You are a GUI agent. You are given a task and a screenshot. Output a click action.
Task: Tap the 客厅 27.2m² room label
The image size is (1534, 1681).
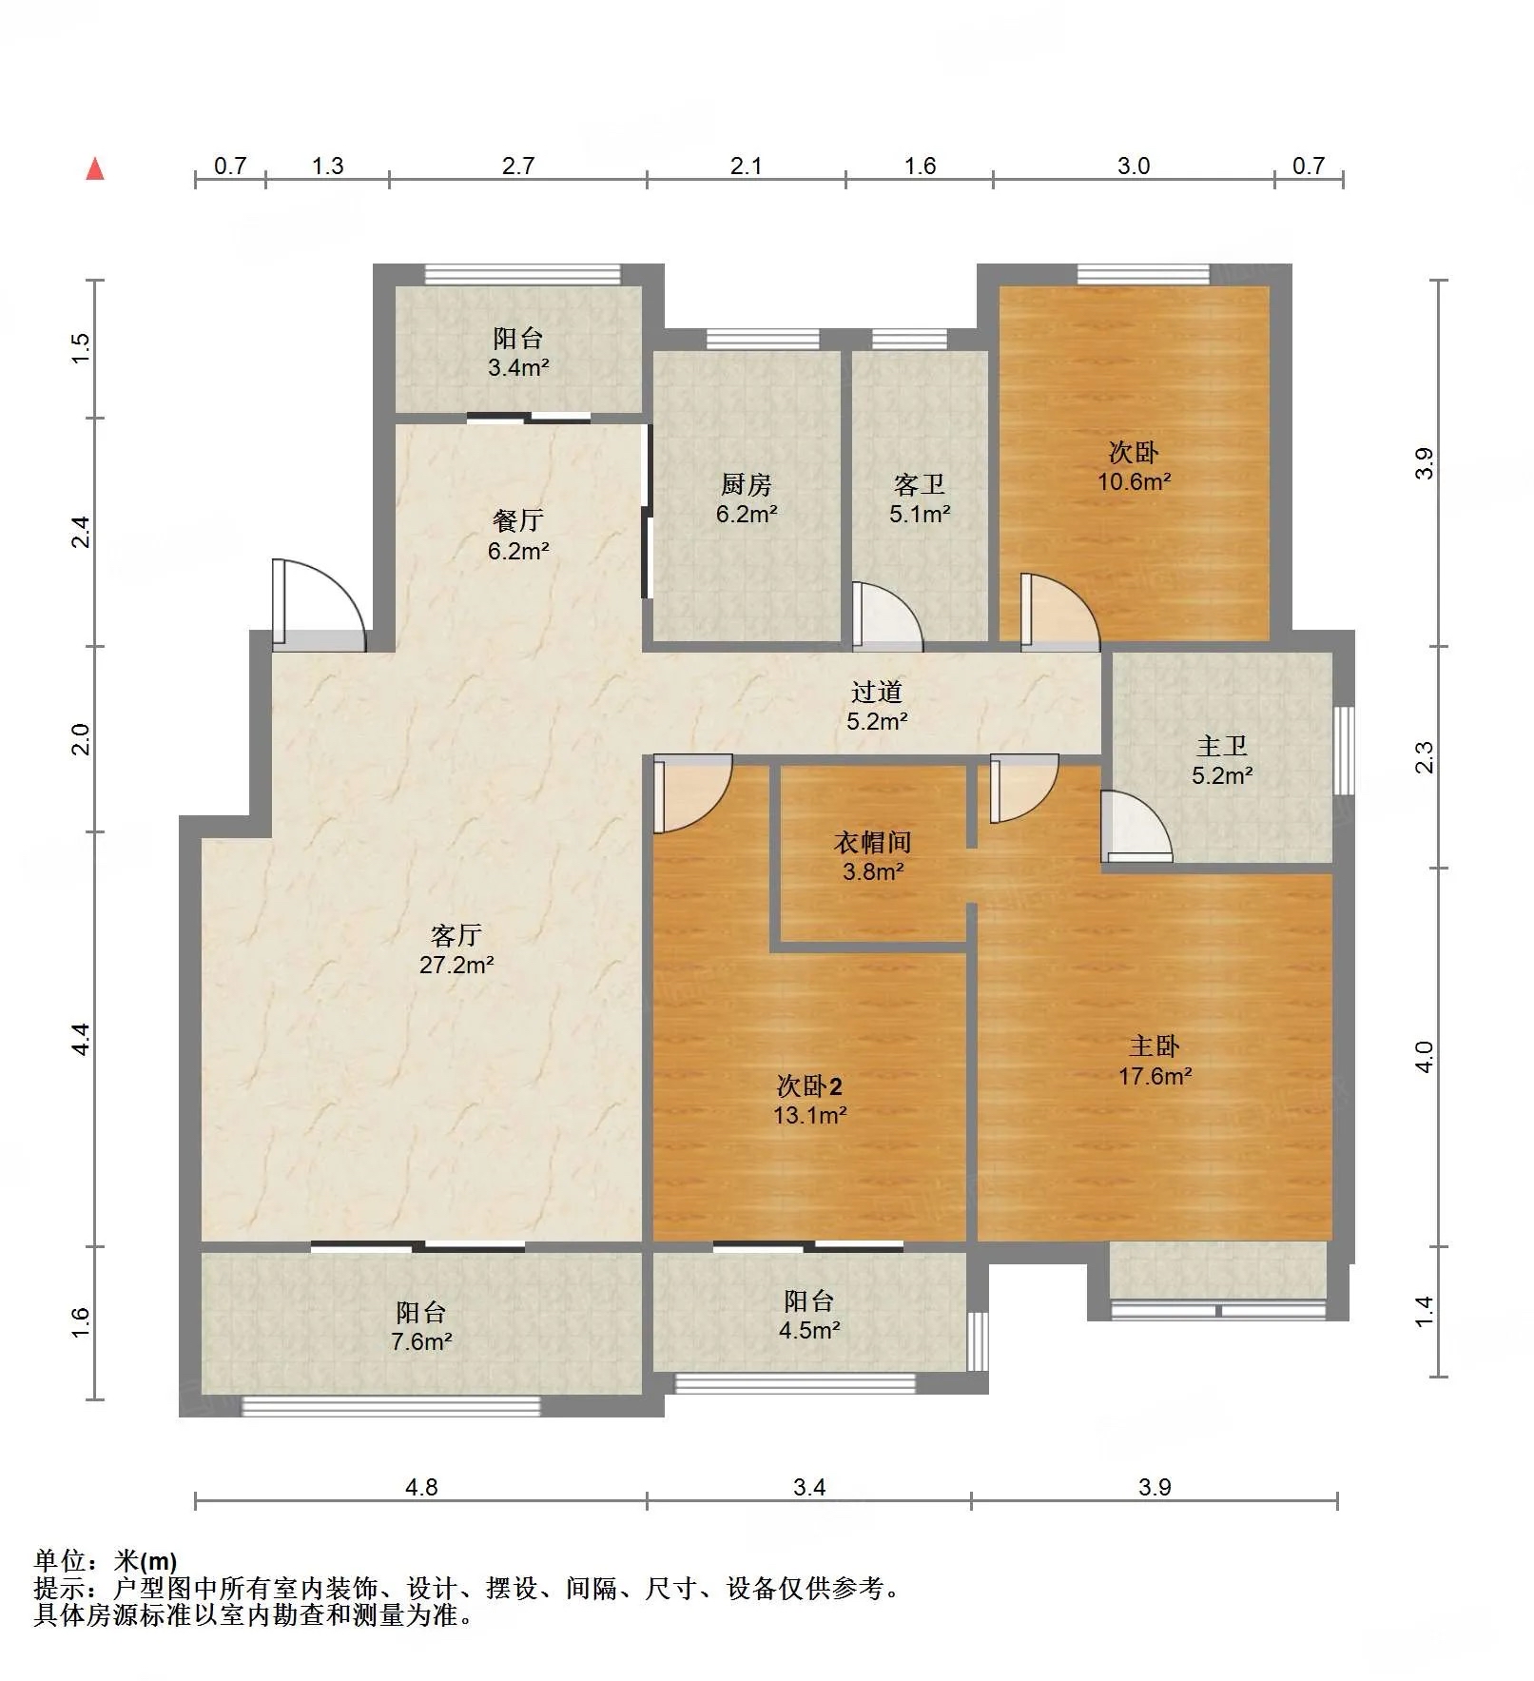[x=456, y=949]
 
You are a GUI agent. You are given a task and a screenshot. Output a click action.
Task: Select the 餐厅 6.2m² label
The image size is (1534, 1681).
[x=518, y=535]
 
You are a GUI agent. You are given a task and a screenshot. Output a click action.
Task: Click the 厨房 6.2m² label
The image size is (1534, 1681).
[x=747, y=499]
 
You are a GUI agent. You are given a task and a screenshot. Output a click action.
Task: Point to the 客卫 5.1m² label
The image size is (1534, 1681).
[x=920, y=499]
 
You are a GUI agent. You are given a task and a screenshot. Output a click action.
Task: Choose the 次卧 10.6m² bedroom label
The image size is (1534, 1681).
[x=1134, y=466]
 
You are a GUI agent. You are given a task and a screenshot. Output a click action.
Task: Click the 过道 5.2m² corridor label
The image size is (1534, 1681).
[x=877, y=706]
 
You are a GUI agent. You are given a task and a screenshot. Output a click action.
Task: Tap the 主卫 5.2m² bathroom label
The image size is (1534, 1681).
[x=1222, y=760]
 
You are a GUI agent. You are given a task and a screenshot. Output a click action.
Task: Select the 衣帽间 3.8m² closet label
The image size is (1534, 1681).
[x=873, y=855]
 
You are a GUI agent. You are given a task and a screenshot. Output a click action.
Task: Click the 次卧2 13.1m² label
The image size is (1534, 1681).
[x=809, y=1100]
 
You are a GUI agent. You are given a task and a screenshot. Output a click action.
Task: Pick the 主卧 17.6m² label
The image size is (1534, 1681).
[x=1155, y=1061]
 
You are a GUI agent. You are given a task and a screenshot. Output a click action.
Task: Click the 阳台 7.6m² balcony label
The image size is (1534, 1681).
[x=421, y=1327]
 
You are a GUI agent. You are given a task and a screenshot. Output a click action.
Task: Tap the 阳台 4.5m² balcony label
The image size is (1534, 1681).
[x=809, y=1316]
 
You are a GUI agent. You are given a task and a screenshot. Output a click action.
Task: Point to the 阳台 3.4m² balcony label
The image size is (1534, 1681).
[x=518, y=352]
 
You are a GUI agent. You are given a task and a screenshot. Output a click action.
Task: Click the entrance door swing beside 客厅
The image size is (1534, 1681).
[x=319, y=604]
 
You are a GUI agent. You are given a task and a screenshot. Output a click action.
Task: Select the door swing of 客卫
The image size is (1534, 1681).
[x=887, y=616]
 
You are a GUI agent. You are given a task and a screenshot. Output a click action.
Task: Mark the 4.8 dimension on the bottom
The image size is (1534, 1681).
[x=421, y=1486]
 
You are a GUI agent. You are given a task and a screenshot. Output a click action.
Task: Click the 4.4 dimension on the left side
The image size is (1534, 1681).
[x=81, y=1038]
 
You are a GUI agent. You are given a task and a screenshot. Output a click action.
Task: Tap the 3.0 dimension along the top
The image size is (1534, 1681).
[x=1134, y=166]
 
